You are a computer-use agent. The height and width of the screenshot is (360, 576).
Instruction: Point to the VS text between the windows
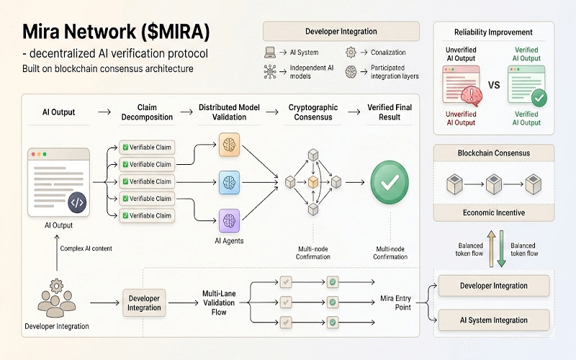494,84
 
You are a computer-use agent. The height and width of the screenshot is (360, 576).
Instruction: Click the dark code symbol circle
78,203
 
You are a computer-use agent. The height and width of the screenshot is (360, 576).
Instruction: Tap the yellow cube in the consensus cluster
313,182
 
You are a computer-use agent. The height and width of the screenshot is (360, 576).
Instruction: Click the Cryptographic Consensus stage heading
312,112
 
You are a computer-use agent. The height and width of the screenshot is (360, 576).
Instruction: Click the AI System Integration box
493,320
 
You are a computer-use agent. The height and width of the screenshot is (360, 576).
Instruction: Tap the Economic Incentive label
493,213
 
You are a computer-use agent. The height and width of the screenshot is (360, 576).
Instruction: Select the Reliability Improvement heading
493,32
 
